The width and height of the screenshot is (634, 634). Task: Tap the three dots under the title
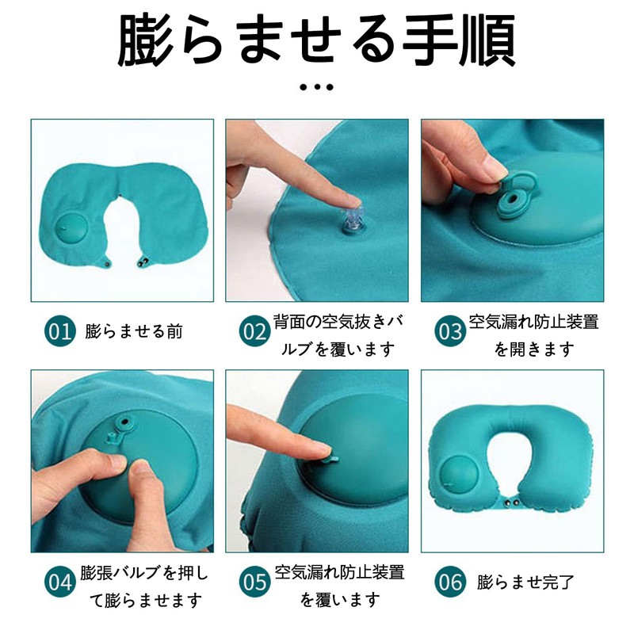point(317,86)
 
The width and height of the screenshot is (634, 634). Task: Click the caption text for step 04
point(143,586)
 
